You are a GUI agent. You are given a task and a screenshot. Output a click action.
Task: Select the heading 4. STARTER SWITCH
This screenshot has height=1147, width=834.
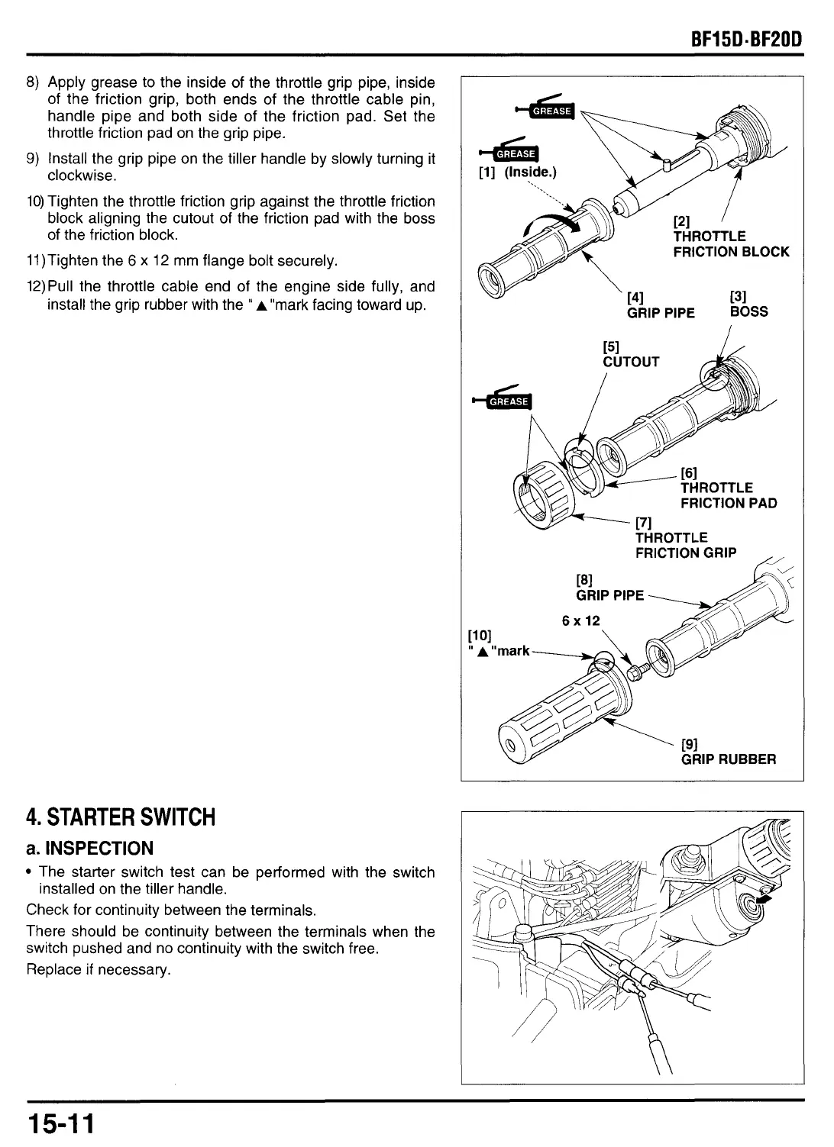click(121, 817)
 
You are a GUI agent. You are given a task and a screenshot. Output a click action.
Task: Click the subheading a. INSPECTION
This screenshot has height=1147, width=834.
click(89, 848)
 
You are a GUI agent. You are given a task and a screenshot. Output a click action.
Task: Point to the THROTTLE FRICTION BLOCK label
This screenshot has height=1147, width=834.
click(730, 244)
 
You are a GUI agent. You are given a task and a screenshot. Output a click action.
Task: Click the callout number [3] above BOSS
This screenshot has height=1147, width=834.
click(738, 296)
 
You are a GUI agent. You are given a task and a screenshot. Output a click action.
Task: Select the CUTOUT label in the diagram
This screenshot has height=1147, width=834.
click(631, 362)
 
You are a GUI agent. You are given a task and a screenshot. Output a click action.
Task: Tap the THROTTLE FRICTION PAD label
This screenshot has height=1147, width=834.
click(728, 495)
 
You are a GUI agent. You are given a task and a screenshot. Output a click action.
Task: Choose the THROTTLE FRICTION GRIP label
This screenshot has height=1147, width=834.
click(685, 545)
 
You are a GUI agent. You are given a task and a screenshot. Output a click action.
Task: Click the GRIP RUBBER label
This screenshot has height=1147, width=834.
click(728, 759)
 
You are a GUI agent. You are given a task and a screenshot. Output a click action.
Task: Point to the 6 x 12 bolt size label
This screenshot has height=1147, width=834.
click(581, 620)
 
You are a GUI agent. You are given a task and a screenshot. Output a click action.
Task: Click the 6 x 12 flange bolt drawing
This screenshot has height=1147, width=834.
click(636, 672)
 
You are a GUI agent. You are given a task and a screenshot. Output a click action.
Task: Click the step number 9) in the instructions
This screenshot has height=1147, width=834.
click(33, 159)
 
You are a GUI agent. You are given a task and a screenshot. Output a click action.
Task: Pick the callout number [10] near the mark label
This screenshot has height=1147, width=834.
click(479, 635)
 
